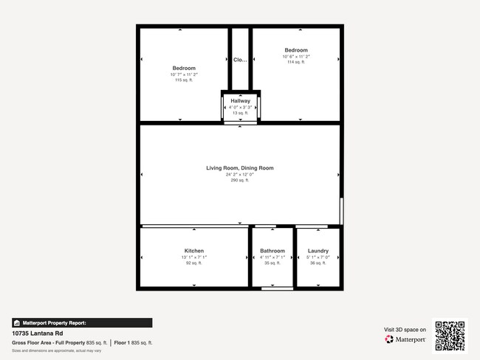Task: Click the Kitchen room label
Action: [194, 251]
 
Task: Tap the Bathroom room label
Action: [272, 251]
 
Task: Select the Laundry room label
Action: [318, 251]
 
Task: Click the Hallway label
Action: [240, 100]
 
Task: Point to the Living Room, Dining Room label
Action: [240, 168]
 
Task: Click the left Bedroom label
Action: [184, 68]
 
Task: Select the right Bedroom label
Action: [296, 50]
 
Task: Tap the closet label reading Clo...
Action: [240, 60]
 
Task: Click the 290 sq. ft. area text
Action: [240, 180]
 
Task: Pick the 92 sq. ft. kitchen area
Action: [194, 263]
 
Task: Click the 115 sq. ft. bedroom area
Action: [184, 80]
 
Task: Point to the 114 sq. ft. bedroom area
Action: [296, 62]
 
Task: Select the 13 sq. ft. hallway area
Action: [240, 113]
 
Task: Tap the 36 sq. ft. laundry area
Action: [318, 263]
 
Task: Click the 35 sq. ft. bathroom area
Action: [272, 263]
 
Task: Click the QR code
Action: [450, 335]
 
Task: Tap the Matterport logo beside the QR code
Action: [405, 339]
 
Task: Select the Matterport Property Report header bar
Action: [82, 322]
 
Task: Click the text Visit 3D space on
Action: [405, 329]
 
